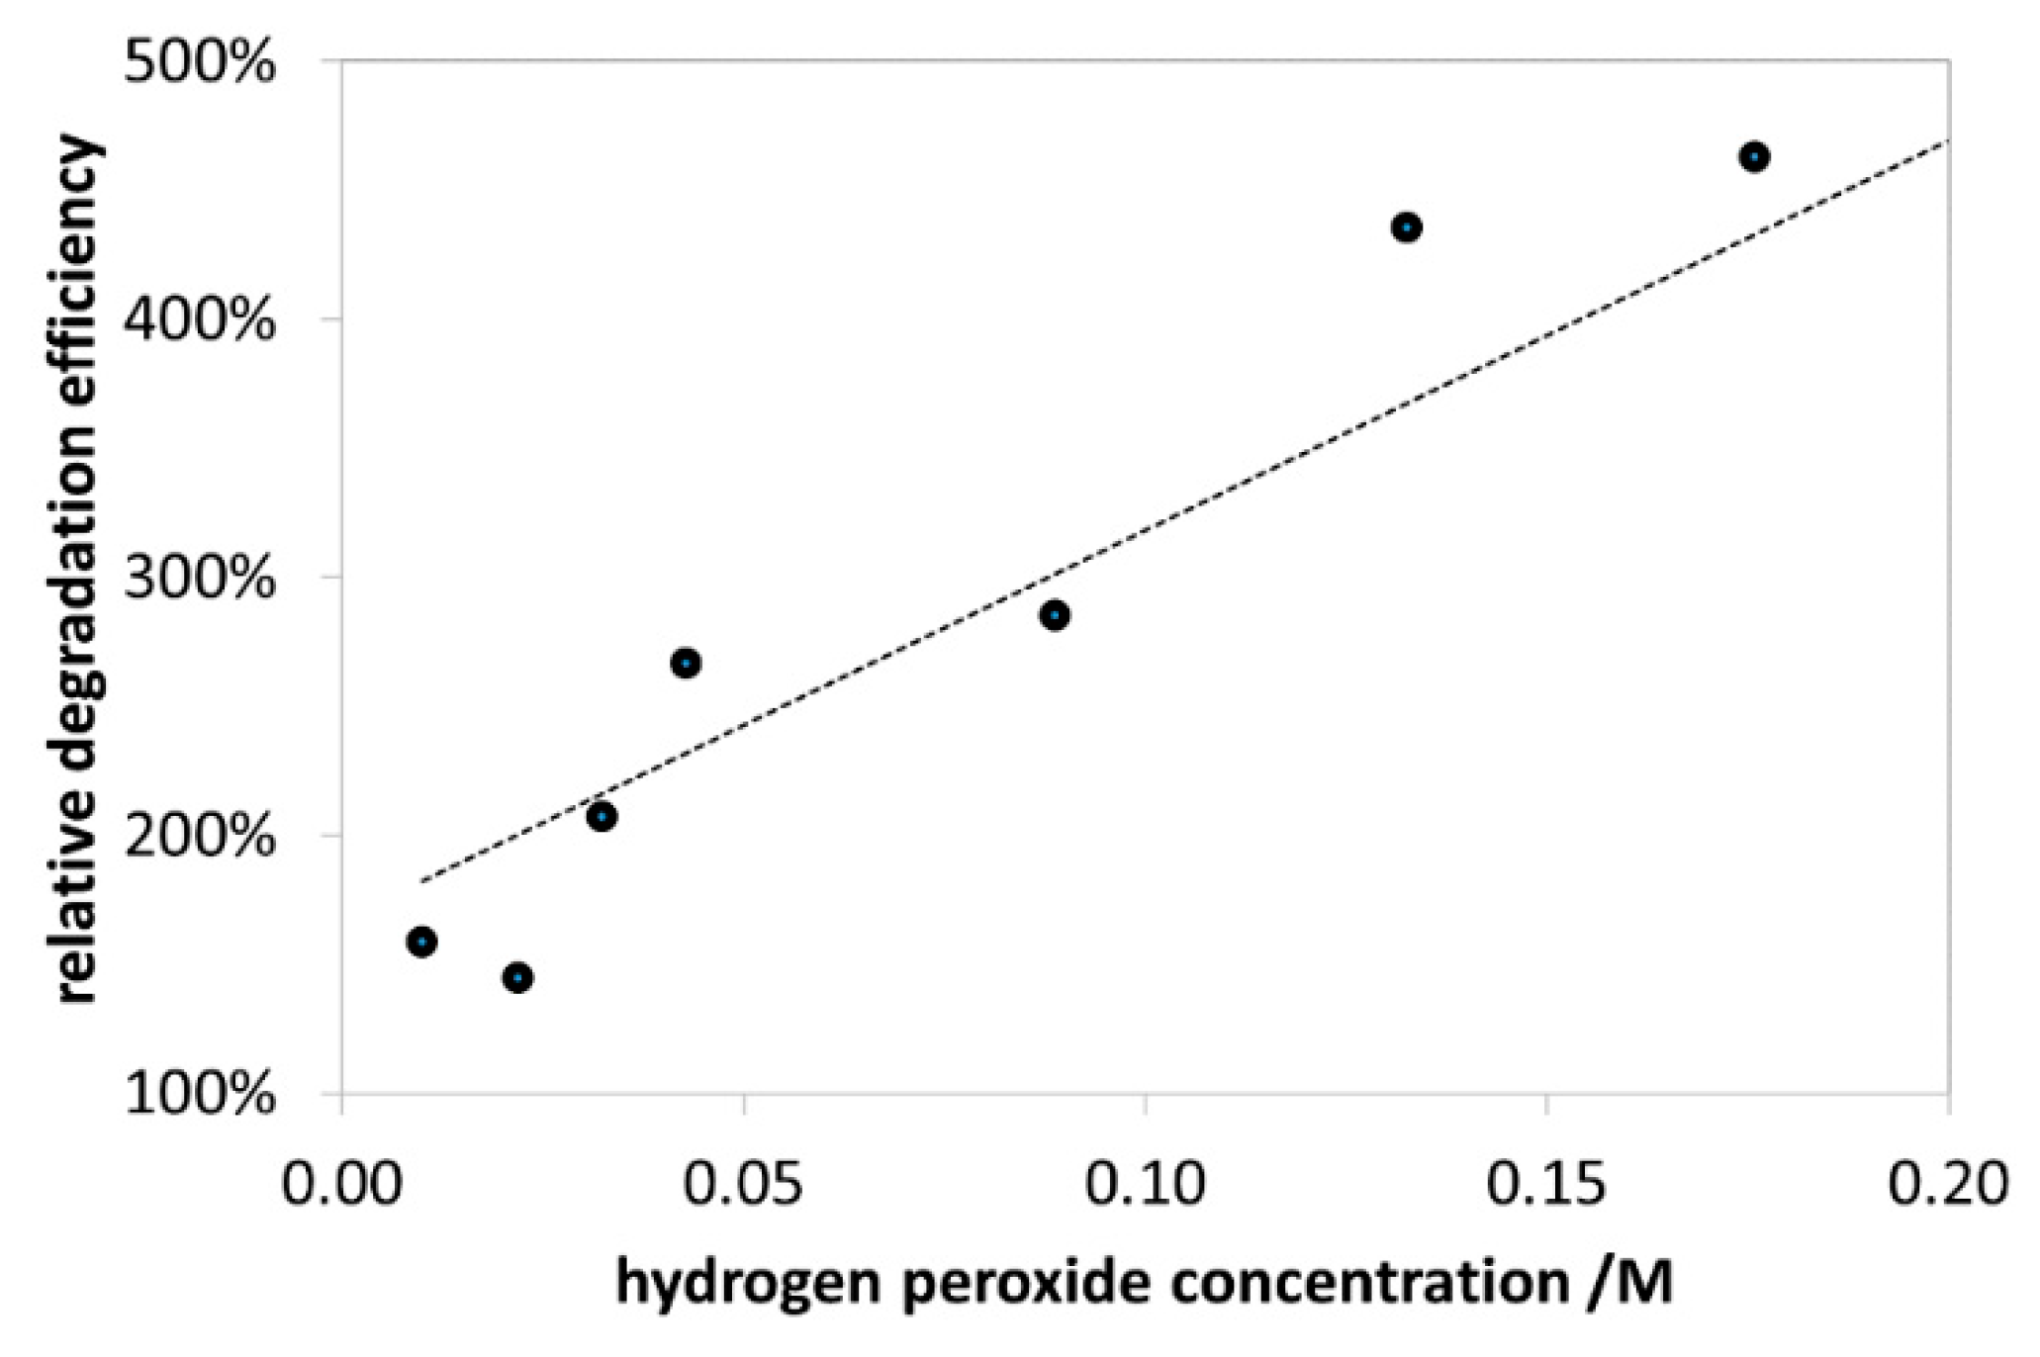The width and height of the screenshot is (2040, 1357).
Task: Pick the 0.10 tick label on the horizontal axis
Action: pyautogui.click(x=1146, y=1184)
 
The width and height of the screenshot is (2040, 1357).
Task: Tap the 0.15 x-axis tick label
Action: pyautogui.click(x=1546, y=1184)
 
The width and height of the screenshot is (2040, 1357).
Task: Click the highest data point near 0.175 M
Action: pyautogui.click(x=1754, y=156)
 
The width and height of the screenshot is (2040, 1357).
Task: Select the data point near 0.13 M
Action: pyautogui.click(x=1406, y=228)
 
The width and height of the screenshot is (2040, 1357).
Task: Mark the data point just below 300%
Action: pyautogui.click(x=1055, y=615)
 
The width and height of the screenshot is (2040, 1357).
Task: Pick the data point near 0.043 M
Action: pyautogui.click(x=686, y=663)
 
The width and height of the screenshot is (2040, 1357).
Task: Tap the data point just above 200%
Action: pyautogui.click(x=602, y=817)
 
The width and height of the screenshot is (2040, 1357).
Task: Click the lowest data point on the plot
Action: pyautogui.click(x=517, y=978)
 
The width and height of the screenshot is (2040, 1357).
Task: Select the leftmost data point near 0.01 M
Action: pyautogui.click(x=422, y=942)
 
